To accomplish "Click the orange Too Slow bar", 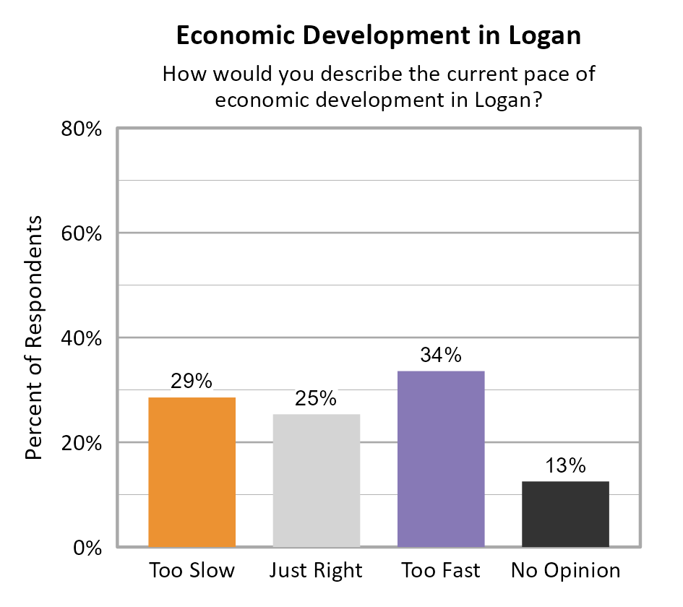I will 192,472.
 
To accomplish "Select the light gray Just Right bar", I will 316,480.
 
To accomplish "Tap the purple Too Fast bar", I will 441,459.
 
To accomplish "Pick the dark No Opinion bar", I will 565,514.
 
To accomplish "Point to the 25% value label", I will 316,399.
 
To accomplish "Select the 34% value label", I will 441,356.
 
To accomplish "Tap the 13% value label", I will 565,466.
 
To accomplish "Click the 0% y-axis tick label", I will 85,547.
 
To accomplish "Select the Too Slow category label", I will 192,571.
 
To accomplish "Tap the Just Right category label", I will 316,571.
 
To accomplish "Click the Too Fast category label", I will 441,571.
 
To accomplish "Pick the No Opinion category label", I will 565,571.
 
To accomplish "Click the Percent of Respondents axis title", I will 34,338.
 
